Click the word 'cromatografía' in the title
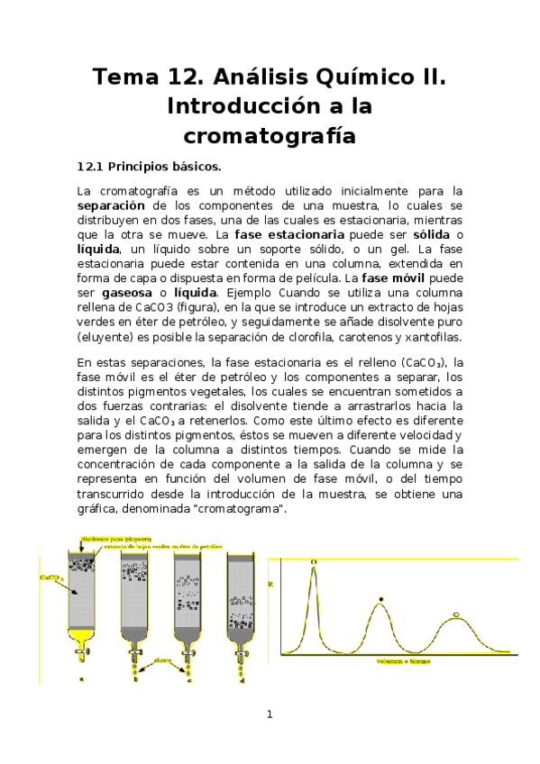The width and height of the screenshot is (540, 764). point(270,137)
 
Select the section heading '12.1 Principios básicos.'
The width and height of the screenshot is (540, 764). point(148,167)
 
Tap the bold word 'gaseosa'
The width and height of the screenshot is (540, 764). point(125,293)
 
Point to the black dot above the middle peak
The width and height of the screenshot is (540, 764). point(382,598)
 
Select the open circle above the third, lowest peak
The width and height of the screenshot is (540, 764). point(456,614)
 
